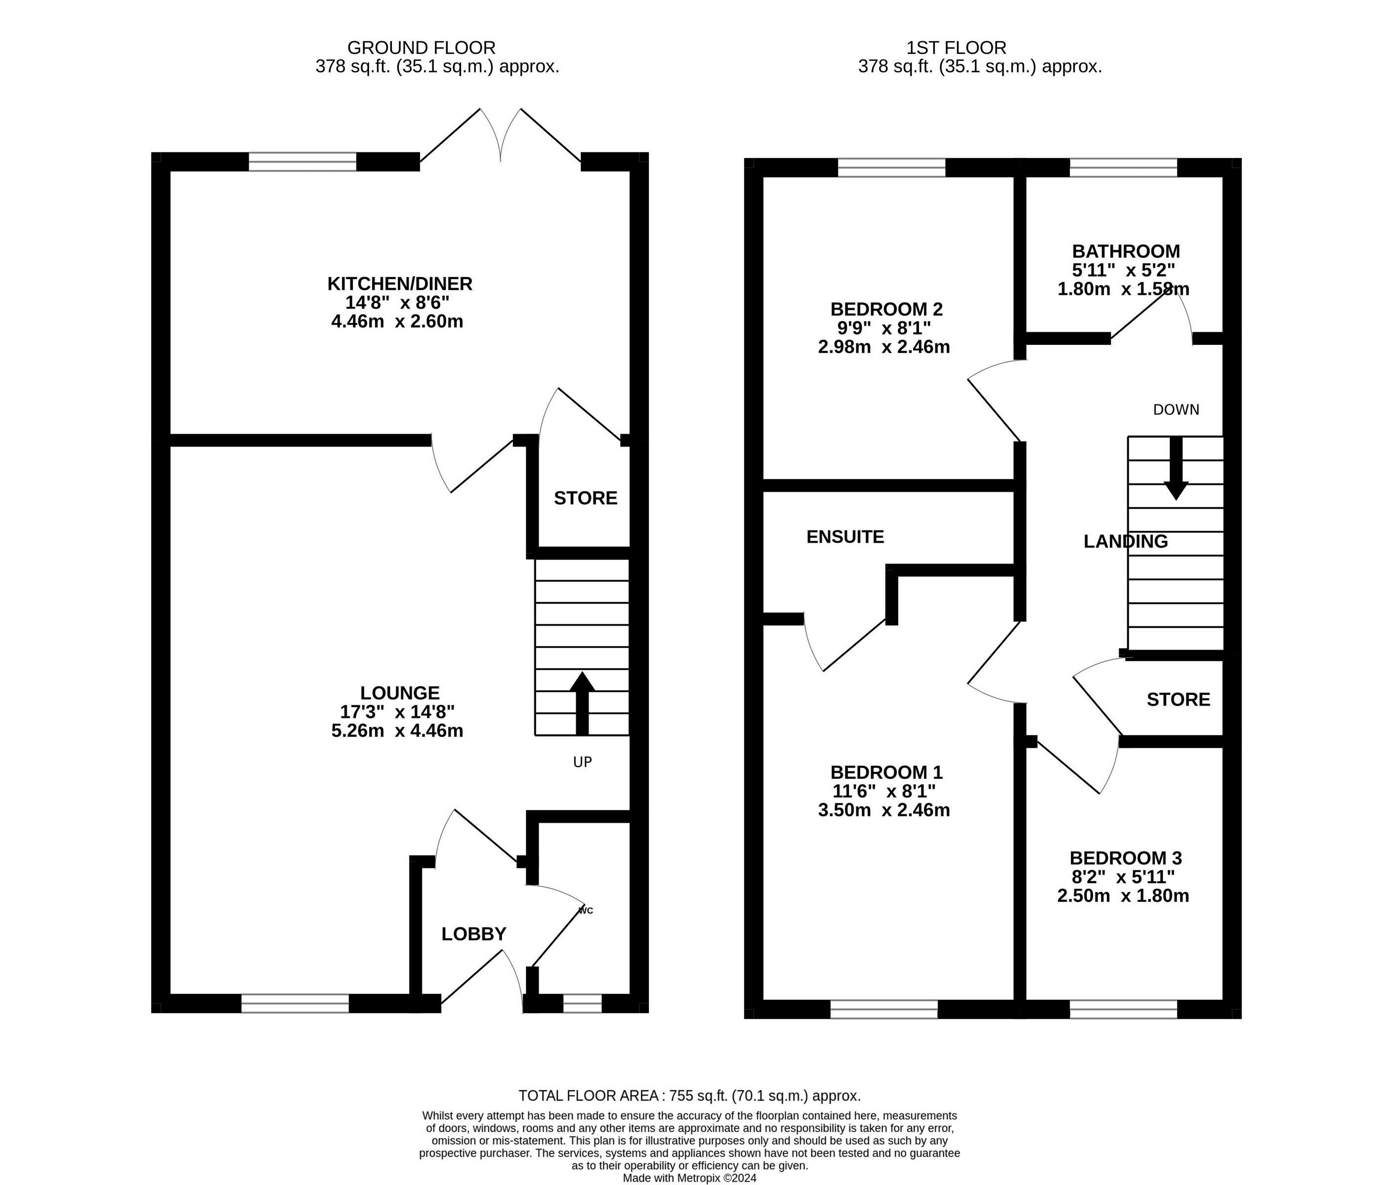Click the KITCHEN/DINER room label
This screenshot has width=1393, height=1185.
coord(399,284)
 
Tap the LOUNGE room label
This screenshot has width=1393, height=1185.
coord(399,693)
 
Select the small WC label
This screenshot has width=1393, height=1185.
coord(585,911)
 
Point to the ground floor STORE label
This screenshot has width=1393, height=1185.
coord(585,498)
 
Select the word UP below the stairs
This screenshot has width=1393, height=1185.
coord(582,762)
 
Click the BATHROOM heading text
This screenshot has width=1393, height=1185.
coord(1126,251)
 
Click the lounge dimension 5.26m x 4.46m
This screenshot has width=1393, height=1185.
coord(397,730)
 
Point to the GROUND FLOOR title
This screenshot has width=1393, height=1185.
coord(422,48)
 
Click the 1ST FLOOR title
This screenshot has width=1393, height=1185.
coord(956,48)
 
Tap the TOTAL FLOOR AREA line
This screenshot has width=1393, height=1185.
coord(689,1096)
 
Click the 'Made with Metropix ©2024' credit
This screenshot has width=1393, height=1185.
coord(689,1178)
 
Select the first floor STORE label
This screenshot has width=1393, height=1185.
coord(1178,699)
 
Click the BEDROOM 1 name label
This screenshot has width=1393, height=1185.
coord(886,772)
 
